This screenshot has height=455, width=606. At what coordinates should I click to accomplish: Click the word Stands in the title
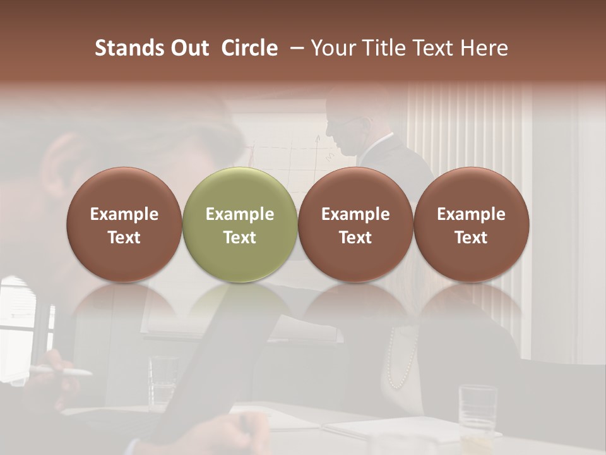(x=128, y=48)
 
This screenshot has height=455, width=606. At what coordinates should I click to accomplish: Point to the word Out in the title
(x=189, y=48)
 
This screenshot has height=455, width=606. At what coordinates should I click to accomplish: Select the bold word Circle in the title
(x=249, y=48)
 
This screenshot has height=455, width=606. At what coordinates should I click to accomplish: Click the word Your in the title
(x=333, y=48)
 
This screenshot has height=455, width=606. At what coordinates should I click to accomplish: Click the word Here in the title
(x=484, y=48)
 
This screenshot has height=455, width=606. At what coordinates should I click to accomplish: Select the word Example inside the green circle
(x=240, y=214)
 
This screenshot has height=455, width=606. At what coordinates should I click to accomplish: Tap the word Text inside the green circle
(x=240, y=238)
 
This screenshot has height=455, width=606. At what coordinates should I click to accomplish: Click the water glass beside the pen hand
(x=163, y=379)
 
